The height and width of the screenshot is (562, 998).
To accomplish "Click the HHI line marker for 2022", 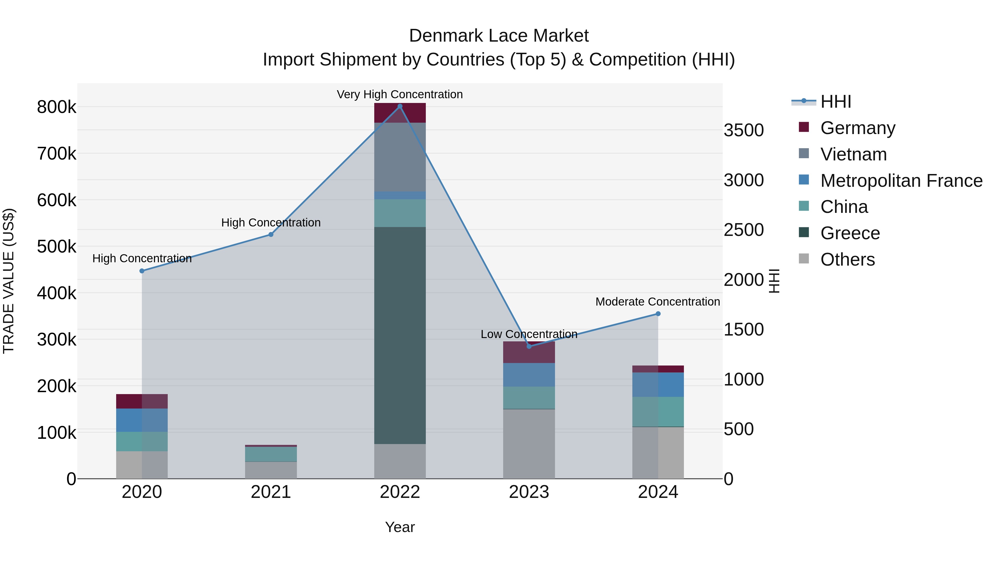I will (x=400, y=106).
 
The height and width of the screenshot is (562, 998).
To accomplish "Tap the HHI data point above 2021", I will (x=271, y=235).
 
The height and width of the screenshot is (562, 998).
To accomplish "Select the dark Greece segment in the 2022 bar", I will (x=400, y=336).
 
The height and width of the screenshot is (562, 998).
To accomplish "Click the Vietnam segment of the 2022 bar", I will (x=400, y=157).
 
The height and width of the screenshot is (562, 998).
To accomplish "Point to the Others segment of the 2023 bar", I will (x=529, y=444).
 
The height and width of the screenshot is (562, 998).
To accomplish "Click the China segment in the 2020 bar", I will (x=142, y=441).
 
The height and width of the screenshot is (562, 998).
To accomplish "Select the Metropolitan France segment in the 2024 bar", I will (x=658, y=384).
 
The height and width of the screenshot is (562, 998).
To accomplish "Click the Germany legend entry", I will (x=857, y=128).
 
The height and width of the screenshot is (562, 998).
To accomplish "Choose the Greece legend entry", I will (x=850, y=233).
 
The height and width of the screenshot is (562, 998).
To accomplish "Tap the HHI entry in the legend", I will (x=835, y=102).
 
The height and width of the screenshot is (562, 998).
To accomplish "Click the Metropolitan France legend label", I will (x=901, y=181).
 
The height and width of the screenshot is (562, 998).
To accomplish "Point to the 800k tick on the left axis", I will (x=57, y=107).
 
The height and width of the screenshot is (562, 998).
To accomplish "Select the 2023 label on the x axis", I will (x=529, y=492).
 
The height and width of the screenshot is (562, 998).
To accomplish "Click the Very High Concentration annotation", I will (x=400, y=94).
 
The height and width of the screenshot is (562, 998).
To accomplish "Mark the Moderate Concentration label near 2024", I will (x=658, y=301).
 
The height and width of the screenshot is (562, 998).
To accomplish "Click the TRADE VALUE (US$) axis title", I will (x=9, y=281).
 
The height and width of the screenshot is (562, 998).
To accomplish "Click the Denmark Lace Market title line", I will (x=499, y=36).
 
